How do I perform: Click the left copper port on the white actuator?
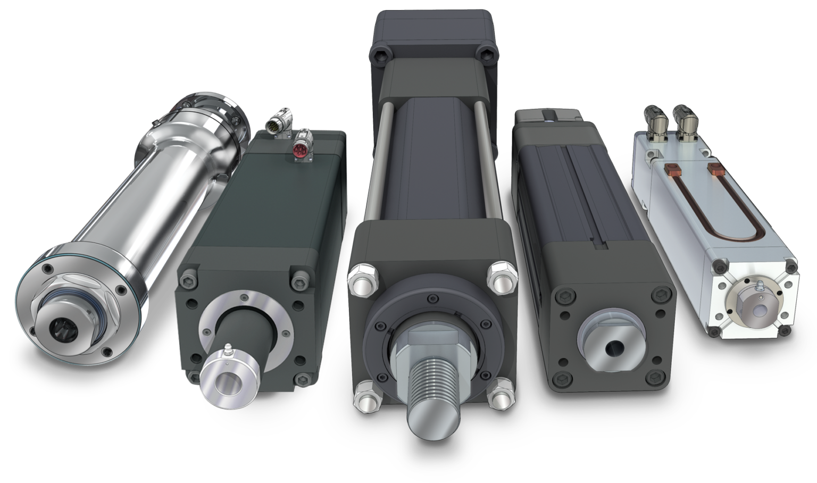pyautogui.click(x=672, y=170)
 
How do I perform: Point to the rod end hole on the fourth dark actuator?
pyautogui.click(x=612, y=348)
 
